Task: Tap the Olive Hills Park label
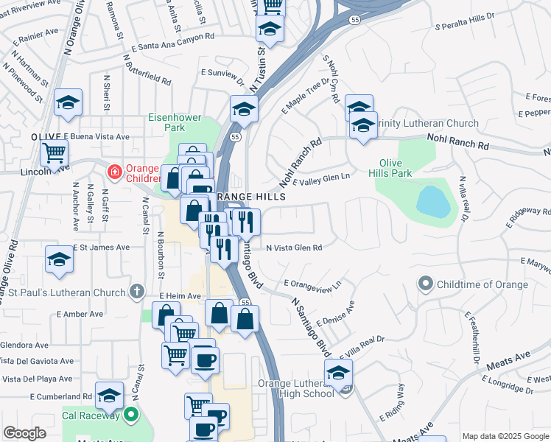(395, 168)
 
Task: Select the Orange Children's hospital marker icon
(113, 173)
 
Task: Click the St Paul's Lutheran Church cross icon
(136, 292)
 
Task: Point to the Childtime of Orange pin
(425, 284)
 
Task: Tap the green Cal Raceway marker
(132, 415)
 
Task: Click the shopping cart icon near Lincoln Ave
(54, 153)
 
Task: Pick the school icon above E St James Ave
(59, 259)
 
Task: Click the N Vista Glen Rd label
(294, 248)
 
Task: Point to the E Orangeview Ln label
(314, 284)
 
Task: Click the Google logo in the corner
(25, 433)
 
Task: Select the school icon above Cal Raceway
(109, 396)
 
